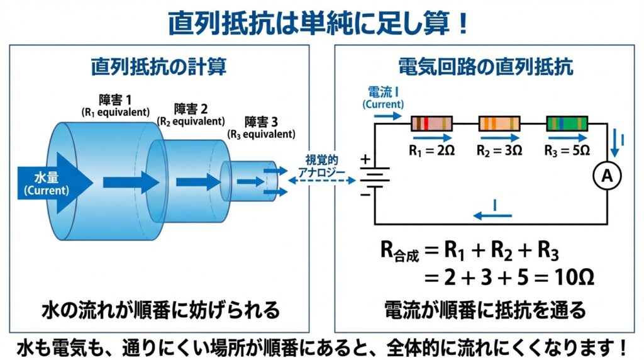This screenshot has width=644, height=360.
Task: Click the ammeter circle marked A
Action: pos(607,178)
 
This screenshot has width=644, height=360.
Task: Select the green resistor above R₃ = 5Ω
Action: pos(567,123)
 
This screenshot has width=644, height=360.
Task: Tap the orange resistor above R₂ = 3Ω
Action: pos(499,123)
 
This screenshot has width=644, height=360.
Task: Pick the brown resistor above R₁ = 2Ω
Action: pos(432,123)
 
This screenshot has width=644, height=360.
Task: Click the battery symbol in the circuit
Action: pos(374,177)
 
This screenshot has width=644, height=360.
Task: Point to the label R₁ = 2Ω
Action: pos(432,150)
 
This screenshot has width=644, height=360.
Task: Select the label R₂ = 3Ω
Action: pos(499,150)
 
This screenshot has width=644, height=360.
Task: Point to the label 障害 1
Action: pos(116,100)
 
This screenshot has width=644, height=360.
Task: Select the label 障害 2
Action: pos(191,109)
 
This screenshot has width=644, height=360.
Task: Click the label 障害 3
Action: pos(260,121)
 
